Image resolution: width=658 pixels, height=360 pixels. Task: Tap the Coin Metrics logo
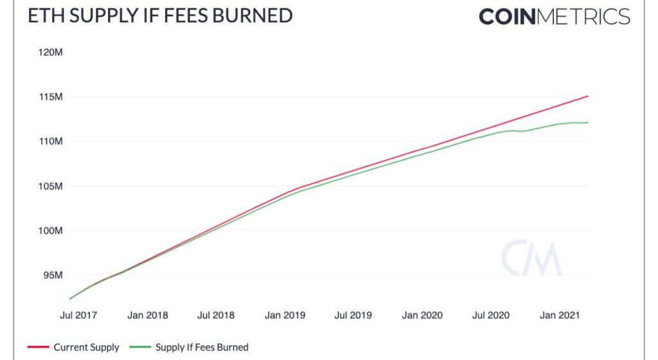point(554,17)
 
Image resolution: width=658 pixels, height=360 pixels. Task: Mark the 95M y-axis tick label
point(52,275)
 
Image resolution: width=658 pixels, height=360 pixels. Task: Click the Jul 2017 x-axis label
point(79,315)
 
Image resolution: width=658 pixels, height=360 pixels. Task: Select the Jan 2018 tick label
point(148,315)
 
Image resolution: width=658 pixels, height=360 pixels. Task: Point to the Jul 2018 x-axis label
point(216,315)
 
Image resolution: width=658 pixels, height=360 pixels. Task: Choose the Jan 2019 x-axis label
point(285,315)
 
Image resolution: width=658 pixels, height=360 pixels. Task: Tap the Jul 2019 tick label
point(353,315)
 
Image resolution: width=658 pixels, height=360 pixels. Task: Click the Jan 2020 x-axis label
point(422,315)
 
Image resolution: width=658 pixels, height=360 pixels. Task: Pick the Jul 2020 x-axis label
point(490,315)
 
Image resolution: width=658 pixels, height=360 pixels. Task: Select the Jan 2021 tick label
point(559,315)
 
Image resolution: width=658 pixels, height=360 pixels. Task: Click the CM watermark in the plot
point(531,258)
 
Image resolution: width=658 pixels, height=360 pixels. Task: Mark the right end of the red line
point(587,96)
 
